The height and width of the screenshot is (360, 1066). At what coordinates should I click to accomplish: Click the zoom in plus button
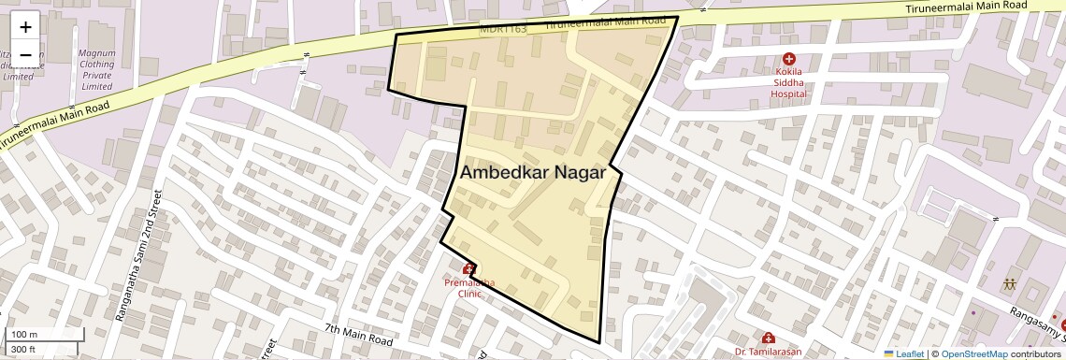(x=25, y=27)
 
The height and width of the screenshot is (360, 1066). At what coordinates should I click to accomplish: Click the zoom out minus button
(x=25, y=54)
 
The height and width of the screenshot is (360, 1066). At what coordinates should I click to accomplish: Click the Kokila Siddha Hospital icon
(x=789, y=59)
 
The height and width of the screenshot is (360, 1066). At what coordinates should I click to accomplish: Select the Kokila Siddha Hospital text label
(x=789, y=82)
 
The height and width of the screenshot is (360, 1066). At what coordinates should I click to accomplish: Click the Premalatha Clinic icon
(x=468, y=268)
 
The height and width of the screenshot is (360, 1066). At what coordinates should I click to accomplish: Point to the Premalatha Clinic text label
(x=469, y=287)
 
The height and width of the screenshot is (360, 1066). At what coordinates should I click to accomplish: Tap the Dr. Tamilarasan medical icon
(x=768, y=338)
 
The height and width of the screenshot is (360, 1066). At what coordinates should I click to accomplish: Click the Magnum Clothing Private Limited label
(x=96, y=69)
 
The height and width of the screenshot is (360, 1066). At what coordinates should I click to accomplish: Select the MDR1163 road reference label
(x=503, y=29)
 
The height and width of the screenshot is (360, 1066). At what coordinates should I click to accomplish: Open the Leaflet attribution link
(x=902, y=353)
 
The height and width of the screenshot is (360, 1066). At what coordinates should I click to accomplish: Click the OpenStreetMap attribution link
(x=973, y=353)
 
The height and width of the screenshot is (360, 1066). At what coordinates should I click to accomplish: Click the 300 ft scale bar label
(x=23, y=350)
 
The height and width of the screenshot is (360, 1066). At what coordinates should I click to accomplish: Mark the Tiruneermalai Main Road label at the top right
(x=966, y=7)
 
